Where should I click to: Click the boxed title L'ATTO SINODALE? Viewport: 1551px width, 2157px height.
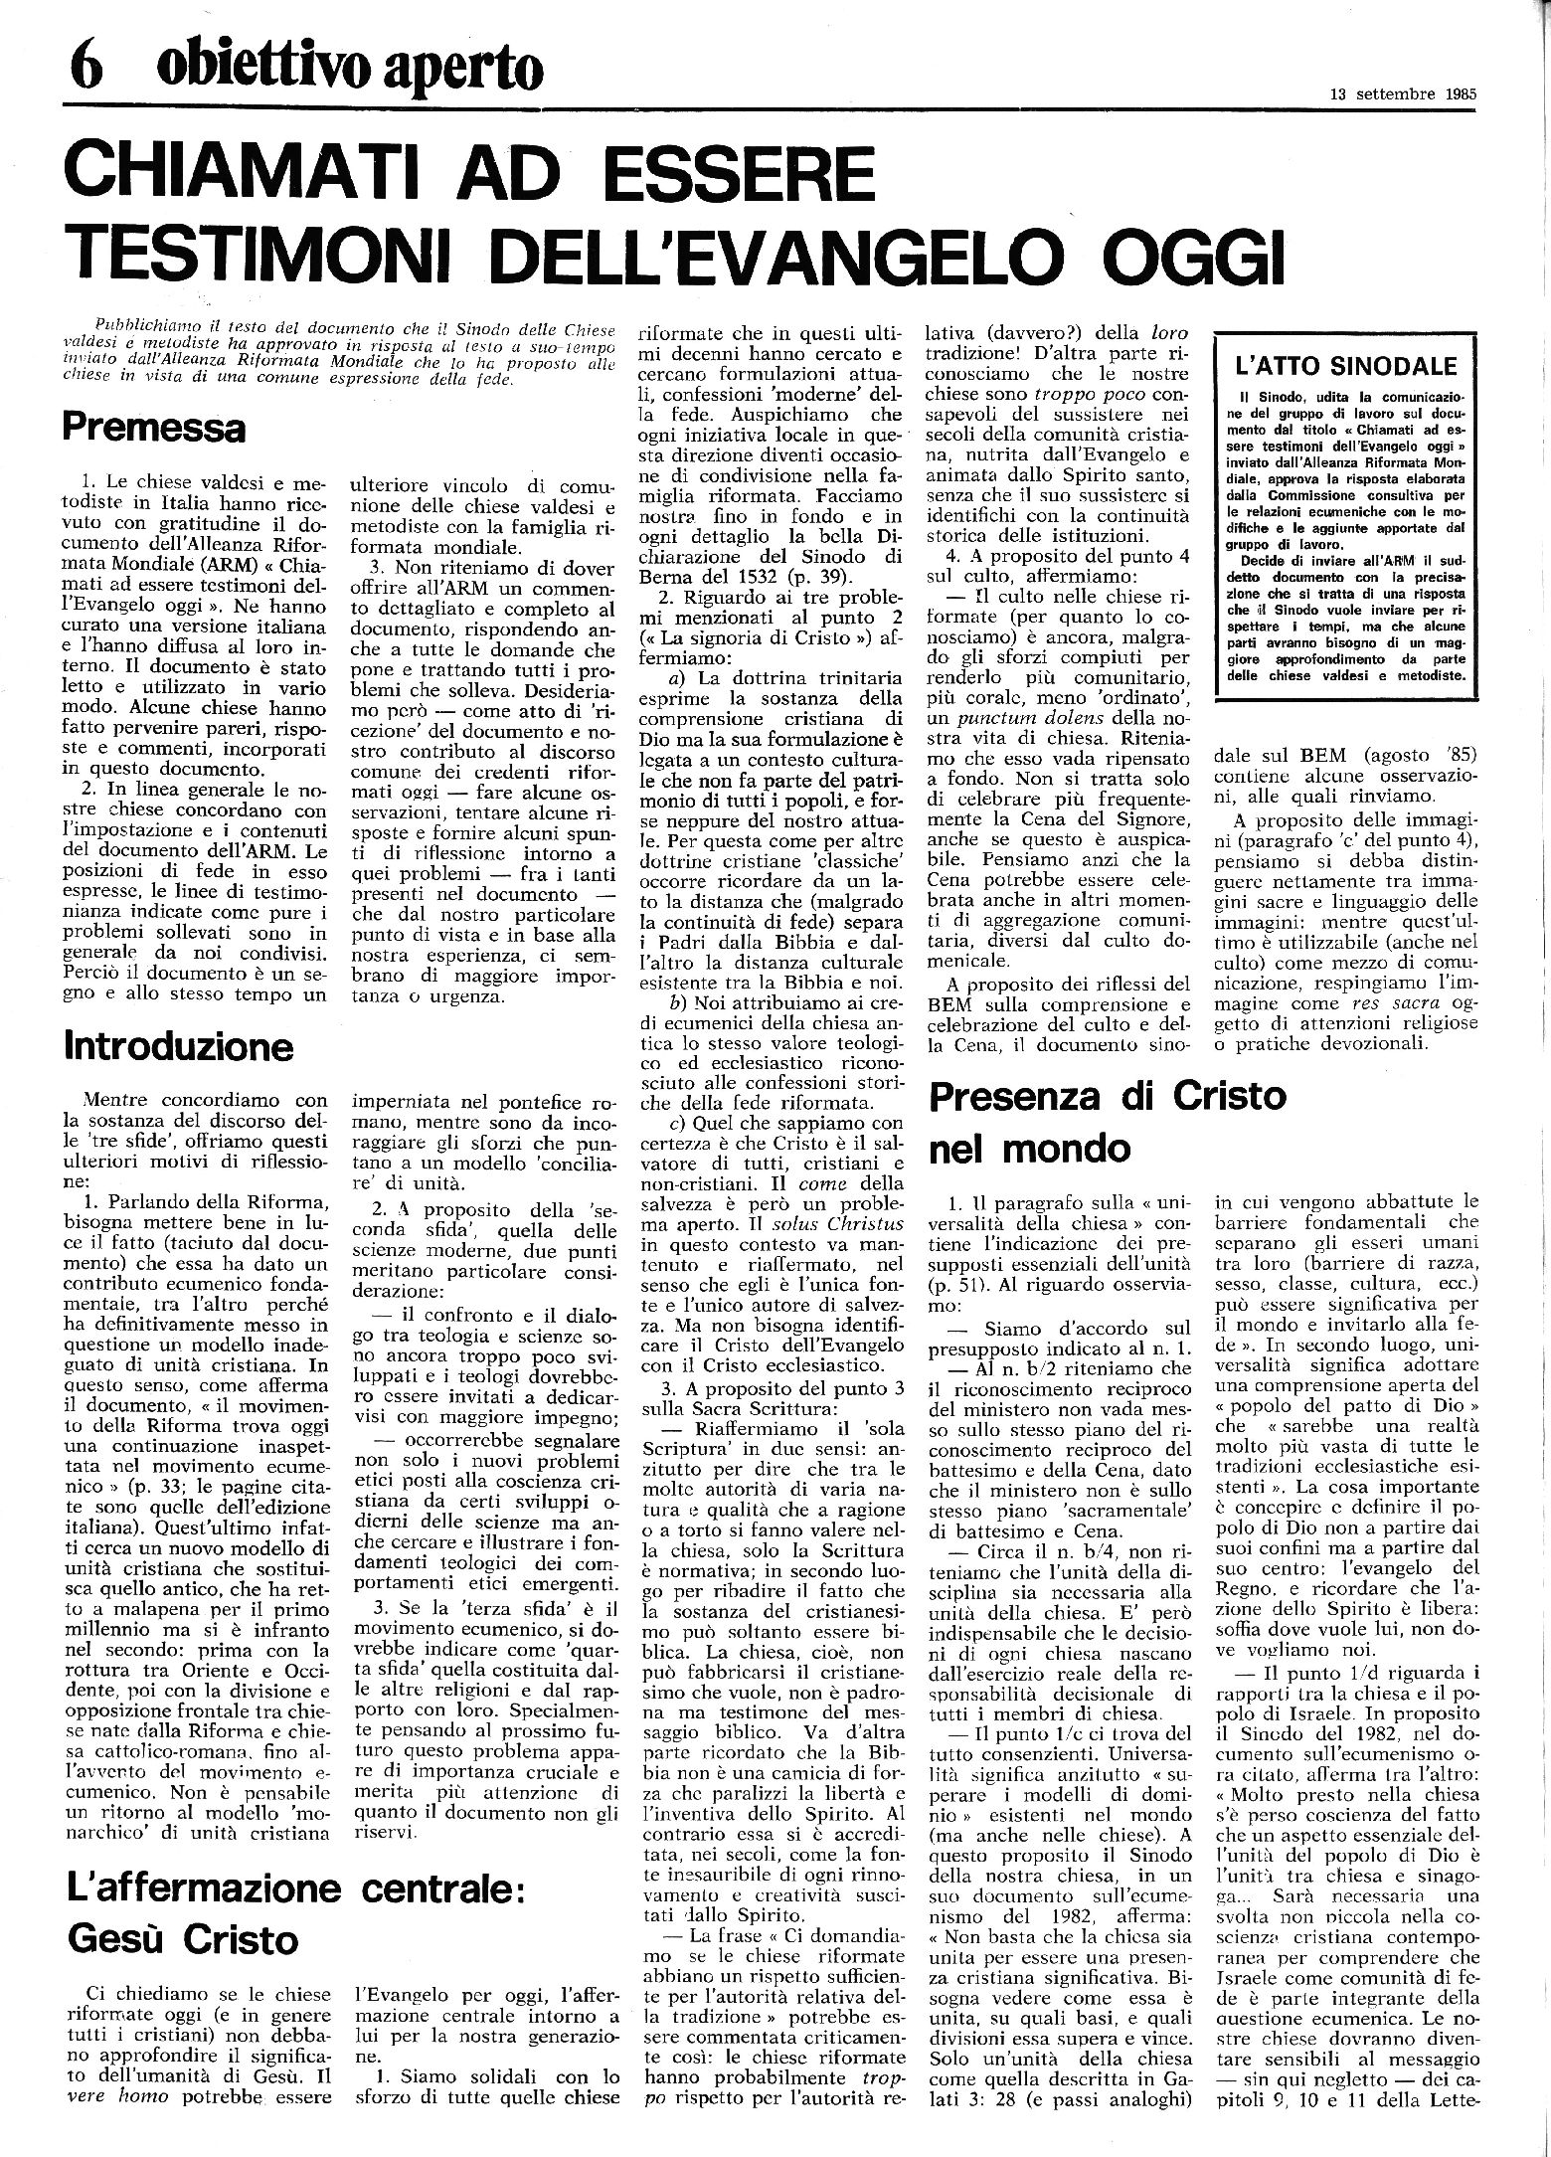point(1343,366)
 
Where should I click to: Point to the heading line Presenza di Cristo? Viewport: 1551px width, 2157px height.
point(1106,1096)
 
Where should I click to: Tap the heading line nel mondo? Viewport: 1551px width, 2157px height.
point(1029,1149)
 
